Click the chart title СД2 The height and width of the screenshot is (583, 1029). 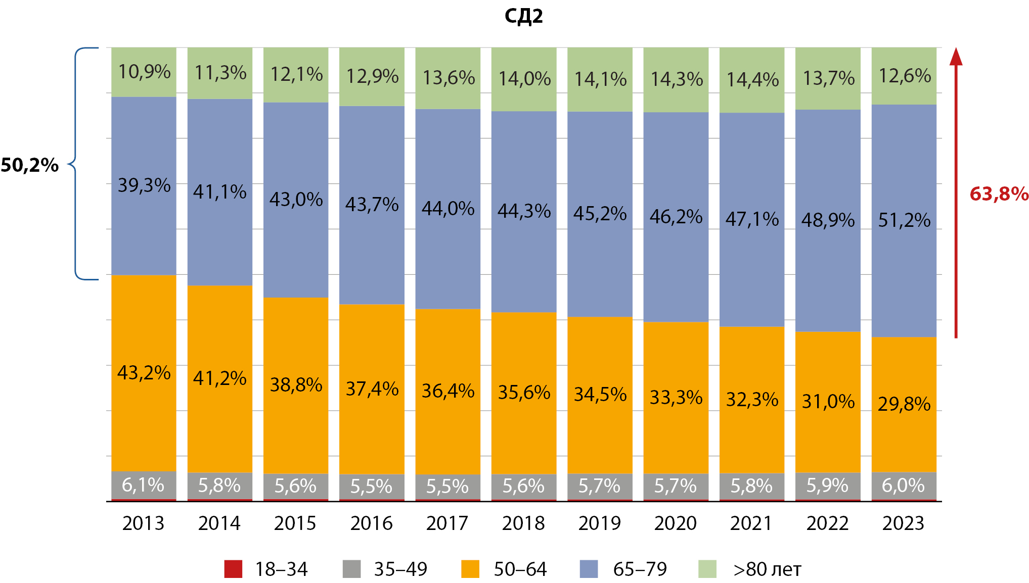tap(523, 16)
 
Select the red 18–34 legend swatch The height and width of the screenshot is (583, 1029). tap(233, 569)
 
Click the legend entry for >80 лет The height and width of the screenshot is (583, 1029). tap(767, 569)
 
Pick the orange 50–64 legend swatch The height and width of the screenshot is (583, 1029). tap(470, 569)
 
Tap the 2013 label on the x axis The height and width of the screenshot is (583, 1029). tap(143, 523)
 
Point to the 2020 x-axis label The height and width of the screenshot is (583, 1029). tap(675, 523)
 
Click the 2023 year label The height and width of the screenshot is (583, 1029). tap(903, 523)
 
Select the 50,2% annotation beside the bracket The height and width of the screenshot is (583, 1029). tap(30, 165)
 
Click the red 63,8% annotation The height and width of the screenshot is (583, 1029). tap(999, 194)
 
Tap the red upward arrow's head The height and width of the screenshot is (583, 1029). tap(956, 57)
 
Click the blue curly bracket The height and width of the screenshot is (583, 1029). tap(76, 164)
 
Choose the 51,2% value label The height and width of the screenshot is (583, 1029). tap(904, 220)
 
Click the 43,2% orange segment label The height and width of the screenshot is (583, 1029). tap(144, 373)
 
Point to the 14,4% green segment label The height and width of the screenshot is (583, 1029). tap(752, 80)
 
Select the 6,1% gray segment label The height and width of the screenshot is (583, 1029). tap(143, 485)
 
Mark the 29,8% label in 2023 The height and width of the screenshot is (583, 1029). tap(904, 404)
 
